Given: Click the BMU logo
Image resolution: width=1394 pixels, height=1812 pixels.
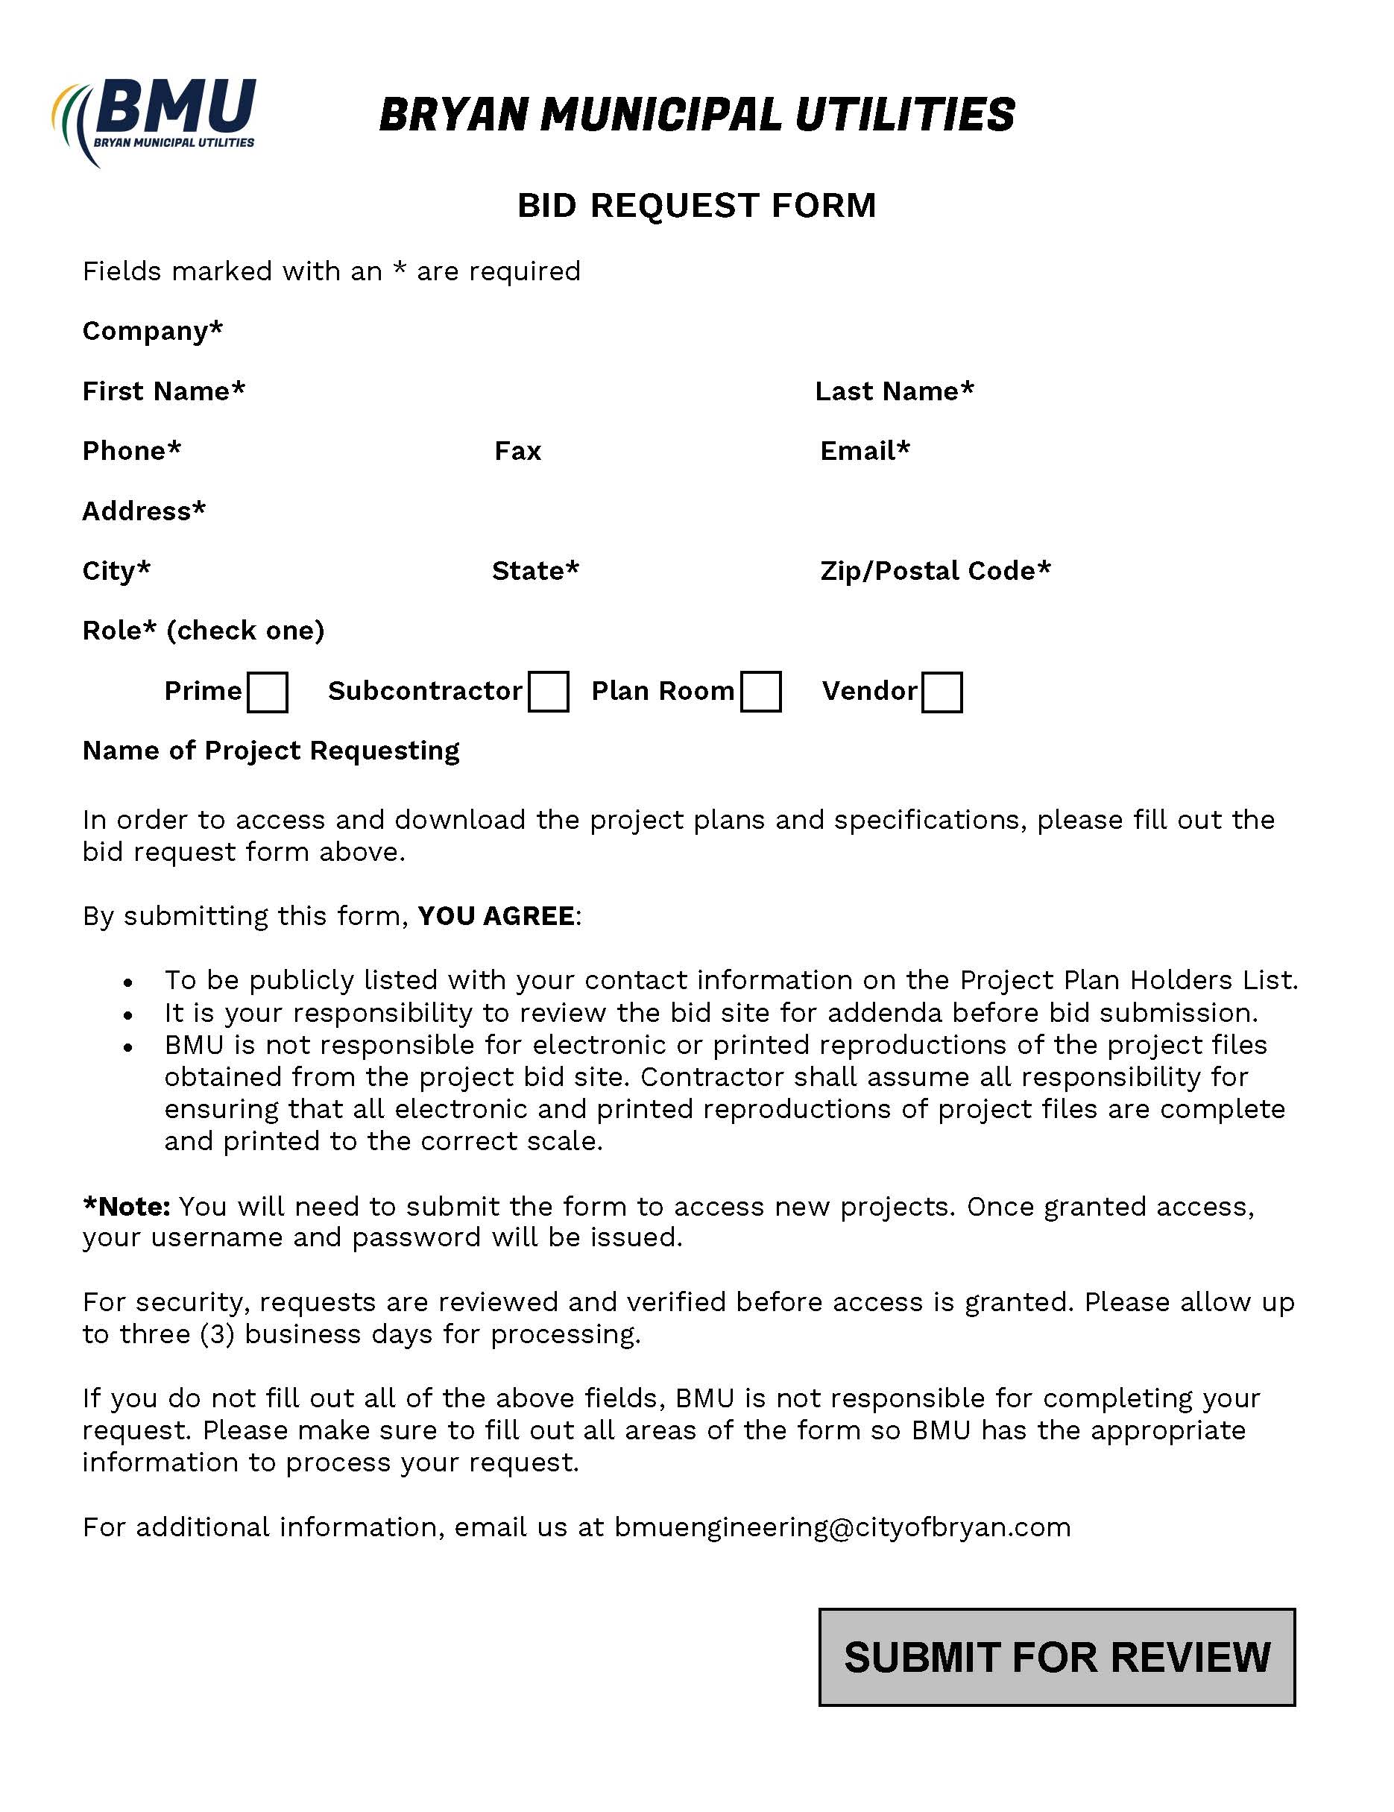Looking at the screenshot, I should (154, 120).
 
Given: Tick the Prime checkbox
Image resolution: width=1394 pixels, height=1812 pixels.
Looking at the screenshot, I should (267, 692).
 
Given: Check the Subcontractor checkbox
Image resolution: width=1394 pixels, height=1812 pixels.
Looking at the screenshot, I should (549, 692).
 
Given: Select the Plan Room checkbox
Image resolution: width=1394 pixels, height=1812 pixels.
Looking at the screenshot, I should (761, 692).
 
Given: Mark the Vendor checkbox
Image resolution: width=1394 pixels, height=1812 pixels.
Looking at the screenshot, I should (942, 692).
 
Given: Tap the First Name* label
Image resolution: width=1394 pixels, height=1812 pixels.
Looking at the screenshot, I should (163, 391).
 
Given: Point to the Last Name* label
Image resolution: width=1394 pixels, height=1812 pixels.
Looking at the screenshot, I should (894, 391).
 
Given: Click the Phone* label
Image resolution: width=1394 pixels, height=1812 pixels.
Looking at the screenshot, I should (131, 450).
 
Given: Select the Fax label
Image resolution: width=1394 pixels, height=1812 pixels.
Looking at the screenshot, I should (518, 450).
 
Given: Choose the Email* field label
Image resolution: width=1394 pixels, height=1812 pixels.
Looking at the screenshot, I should (865, 450).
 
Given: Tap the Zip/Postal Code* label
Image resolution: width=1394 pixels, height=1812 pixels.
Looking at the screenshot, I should (935, 571).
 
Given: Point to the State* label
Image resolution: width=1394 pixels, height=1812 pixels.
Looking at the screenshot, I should (535, 571).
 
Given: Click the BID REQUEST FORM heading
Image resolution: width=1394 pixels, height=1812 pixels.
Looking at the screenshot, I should (696, 205).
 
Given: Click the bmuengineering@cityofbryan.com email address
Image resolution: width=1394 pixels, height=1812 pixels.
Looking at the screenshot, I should (842, 1527).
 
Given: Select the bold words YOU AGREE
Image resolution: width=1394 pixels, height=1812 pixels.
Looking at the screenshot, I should (496, 916).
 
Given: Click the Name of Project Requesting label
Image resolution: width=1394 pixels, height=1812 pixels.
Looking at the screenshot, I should (271, 750).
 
